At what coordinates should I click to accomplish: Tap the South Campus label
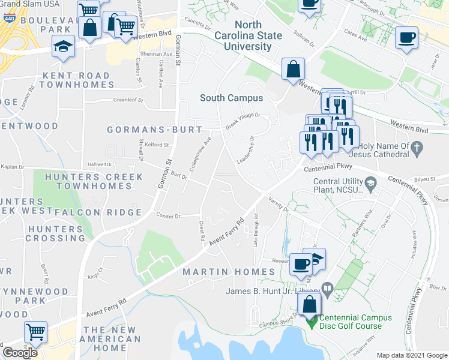tap(231, 98)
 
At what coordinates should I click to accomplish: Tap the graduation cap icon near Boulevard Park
tap(62, 46)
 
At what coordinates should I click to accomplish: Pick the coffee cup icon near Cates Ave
tap(406, 38)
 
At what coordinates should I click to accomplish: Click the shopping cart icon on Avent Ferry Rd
tap(35, 331)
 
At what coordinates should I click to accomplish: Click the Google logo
tap(20, 352)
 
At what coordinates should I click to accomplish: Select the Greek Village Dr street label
tap(243, 120)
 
